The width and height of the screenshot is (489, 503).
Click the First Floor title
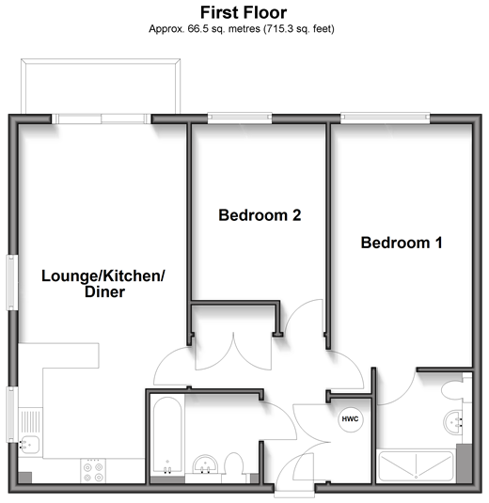pos(244,13)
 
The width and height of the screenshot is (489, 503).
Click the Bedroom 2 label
pos(260,215)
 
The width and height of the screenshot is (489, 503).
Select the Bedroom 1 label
pos(402,243)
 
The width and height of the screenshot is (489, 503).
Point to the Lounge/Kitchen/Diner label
pos(103,284)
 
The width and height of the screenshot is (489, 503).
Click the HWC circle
pos(351,419)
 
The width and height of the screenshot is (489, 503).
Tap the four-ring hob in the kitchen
pos(93,471)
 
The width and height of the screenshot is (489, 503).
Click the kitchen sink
pos(29,445)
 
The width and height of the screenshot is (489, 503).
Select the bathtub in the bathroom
pos(167,436)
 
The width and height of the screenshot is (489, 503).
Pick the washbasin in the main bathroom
pos(205,464)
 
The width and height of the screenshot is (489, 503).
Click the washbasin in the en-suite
pos(453,422)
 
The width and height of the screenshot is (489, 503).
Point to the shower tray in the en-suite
pos(417,465)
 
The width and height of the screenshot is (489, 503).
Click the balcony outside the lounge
pos(101,86)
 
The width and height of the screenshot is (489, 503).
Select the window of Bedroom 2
pos(240,118)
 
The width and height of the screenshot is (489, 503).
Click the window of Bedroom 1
pos(385,118)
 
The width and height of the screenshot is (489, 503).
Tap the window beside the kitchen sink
pos(12,415)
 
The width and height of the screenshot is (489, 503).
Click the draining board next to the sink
pos(30,421)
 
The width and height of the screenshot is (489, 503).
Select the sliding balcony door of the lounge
pos(101,118)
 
